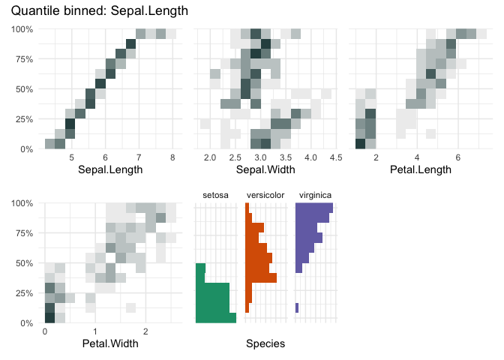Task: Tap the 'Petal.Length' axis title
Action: click(x=422, y=169)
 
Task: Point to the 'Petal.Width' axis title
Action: click(x=112, y=343)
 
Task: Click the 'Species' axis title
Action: click(x=265, y=343)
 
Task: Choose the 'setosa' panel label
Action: click(x=215, y=196)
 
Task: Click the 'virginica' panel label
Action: click(x=316, y=196)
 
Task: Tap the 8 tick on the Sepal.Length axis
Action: click(x=172, y=158)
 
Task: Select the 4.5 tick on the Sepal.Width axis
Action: click(x=326, y=158)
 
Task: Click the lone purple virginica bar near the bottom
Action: click(x=297, y=307)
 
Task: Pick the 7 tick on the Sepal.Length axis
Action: click(x=139, y=158)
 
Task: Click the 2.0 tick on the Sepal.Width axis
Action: click(x=210, y=158)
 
